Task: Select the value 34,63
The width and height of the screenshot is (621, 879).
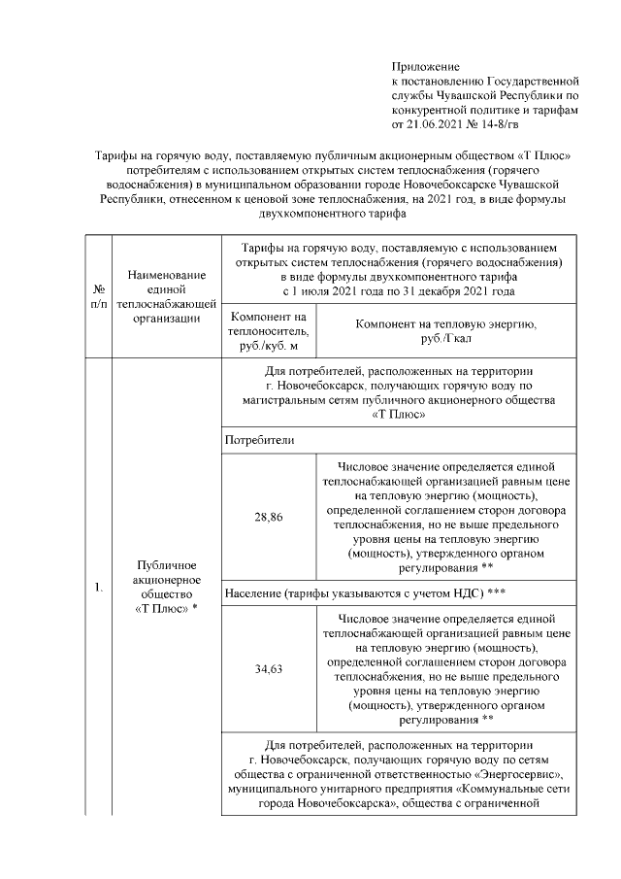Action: click(x=269, y=669)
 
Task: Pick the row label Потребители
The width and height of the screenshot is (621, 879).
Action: click(x=258, y=440)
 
